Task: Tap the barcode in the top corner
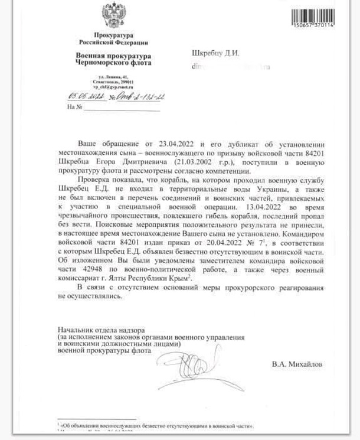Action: click(x=313, y=14)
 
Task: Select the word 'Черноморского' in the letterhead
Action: click(x=100, y=62)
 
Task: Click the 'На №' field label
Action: click(x=73, y=107)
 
